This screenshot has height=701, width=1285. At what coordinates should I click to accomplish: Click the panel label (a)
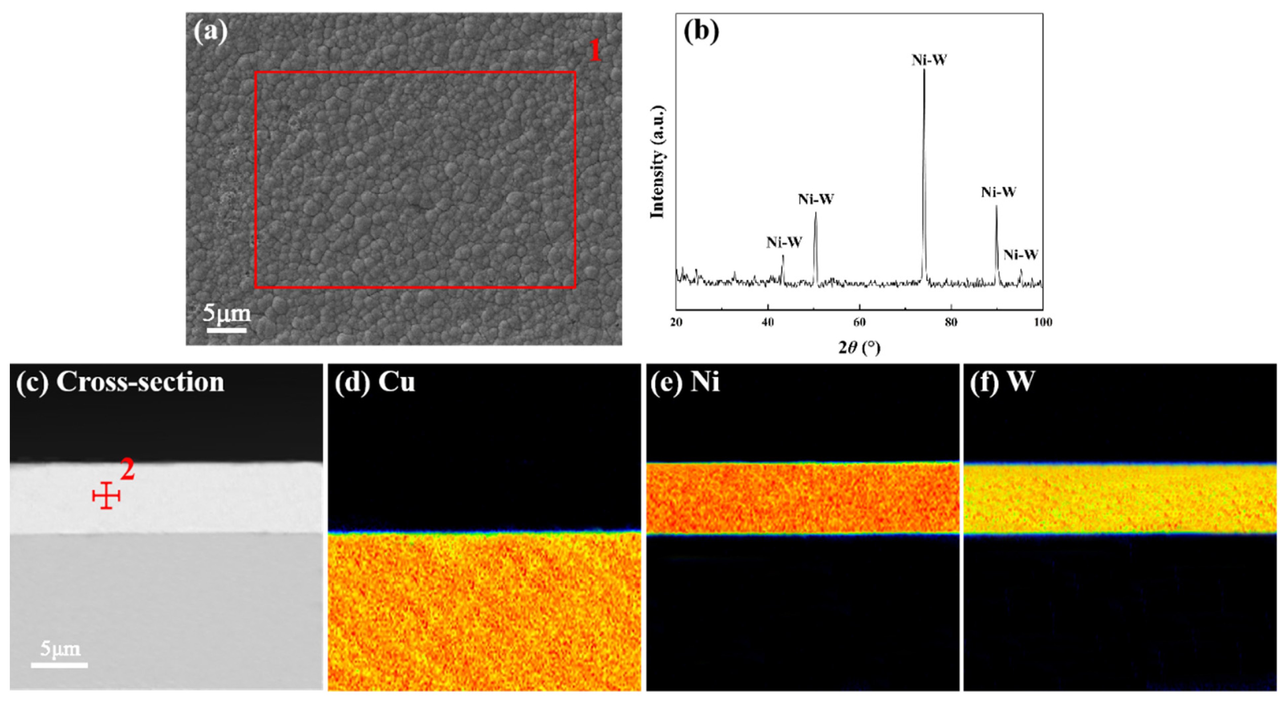(210, 32)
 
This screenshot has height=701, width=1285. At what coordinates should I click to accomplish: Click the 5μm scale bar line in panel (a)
(226, 330)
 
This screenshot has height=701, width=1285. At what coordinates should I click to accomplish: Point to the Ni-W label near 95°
(1020, 255)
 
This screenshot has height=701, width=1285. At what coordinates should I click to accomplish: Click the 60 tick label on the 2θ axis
(859, 322)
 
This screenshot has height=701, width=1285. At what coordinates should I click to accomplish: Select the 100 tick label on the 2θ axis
(1042, 322)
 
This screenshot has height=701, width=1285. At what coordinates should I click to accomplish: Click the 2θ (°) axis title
(859, 347)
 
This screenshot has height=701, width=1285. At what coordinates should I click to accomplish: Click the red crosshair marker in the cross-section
(106, 496)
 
